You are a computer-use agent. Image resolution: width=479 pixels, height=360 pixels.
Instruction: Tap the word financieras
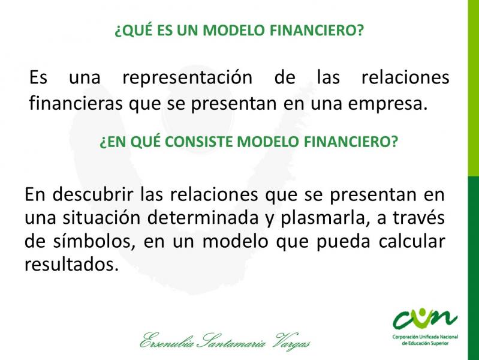pyautogui.click(x=76, y=103)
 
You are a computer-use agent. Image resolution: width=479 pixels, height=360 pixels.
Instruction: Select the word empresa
pyautogui.click(x=387, y=104)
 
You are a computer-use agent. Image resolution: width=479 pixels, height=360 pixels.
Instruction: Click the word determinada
pyautogui.click(x=203, y=217)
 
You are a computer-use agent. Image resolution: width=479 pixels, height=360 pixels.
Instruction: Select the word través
pyautogui.click(x=418, y=217)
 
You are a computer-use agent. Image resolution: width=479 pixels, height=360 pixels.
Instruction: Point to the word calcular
pyautogui.click(x=412, y=241)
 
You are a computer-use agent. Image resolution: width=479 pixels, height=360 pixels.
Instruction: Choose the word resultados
pyautogui.click(x=71, y=264)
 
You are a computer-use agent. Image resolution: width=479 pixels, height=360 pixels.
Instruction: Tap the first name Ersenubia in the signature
pyautogui.click(x=167, y=340)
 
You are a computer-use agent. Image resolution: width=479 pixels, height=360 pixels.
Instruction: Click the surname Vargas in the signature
pyautogui.click(x=293, y=341)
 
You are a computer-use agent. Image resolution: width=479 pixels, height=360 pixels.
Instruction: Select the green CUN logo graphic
pyautogui.click(x=425, y=319)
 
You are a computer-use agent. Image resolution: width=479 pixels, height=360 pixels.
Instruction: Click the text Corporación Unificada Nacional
pyautogui.click(x=425, y=337)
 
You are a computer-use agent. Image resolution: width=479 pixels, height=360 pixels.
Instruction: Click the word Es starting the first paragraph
pyautogui.click(x=38, y=77)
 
